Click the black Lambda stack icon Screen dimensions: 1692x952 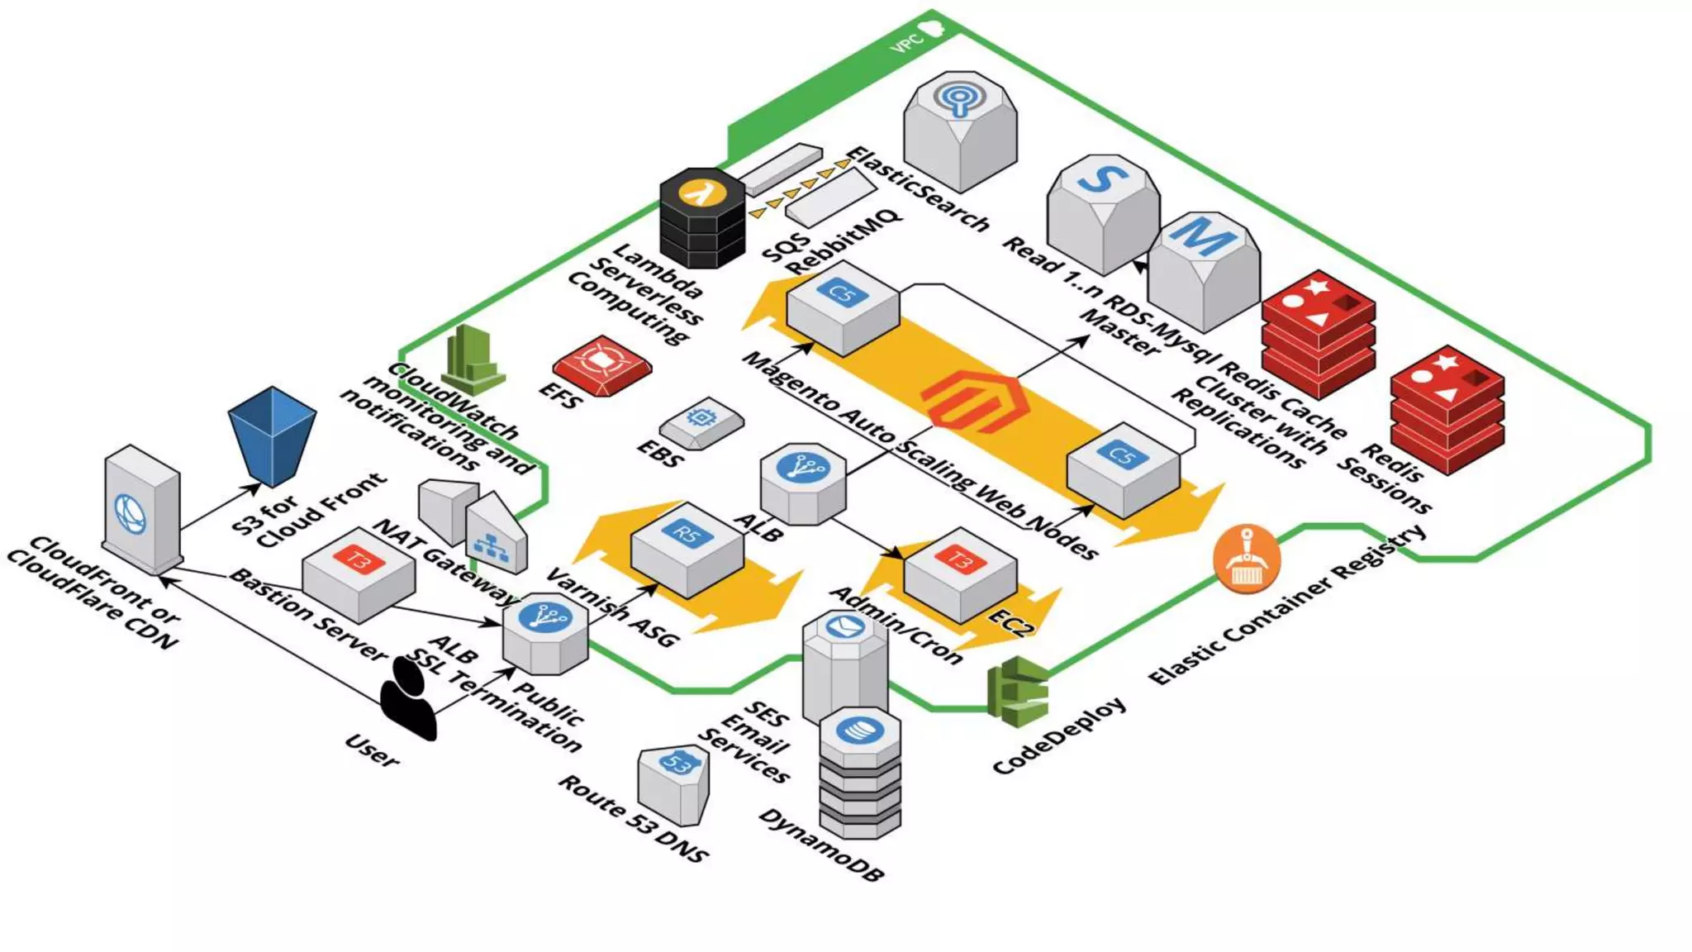tap(702, 218)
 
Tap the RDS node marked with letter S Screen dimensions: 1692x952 tap(1103, 215)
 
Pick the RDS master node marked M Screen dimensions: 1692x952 tap(1204, 272)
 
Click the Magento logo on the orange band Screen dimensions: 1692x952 tap(975, 402)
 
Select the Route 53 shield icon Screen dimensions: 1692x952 tap(673, 786)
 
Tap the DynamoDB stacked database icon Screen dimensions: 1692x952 tap(860, 772)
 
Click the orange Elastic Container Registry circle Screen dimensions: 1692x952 tap(1247, 559)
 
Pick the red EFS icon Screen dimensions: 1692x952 tap(602, 366)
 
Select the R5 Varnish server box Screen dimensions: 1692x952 tap(687, 550)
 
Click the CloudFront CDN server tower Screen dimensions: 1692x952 tap(141, 509)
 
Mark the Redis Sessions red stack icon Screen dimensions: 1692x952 tap(1447, 410)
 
